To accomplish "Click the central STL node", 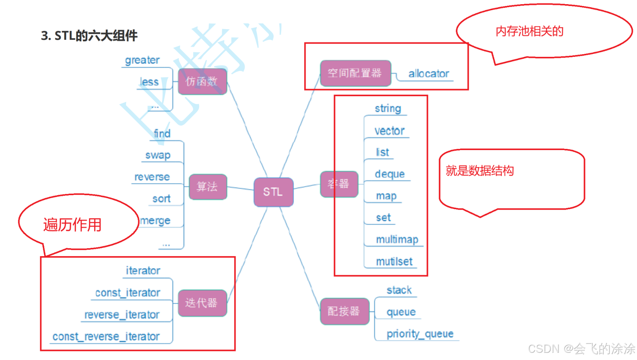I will (273, 192).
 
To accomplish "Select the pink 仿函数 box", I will (202, 81).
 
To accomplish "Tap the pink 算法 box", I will (208, 186).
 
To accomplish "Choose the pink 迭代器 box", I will (202, 303).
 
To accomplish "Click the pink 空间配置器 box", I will (355, 73).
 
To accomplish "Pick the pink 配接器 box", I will (344, 311).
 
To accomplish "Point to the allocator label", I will (428, 74).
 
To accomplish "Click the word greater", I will (142, 60).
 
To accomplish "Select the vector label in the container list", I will (389, 131).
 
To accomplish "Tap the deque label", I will (390, 174).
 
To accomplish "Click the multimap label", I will (397, 239).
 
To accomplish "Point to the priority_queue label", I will (420, 333).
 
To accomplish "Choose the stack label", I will (399, 290).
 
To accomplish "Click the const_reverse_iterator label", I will (106, 337).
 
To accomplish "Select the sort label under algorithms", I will (161, 199).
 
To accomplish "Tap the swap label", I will (158, 155).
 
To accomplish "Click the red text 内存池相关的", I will (529, 31).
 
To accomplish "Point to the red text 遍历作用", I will (72, 225).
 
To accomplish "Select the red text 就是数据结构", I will (479, 171).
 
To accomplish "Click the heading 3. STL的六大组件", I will (89, 36).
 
